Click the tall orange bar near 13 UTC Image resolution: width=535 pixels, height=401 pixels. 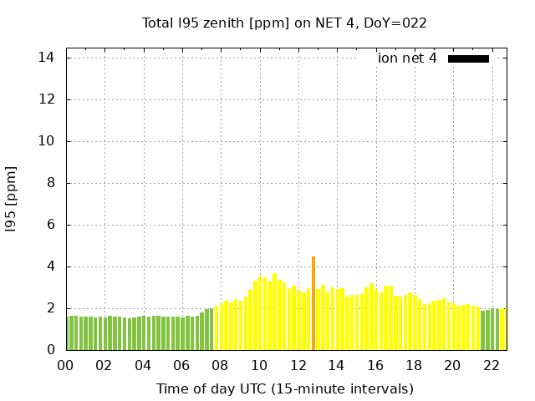pyautogui.click(x=313, y=303)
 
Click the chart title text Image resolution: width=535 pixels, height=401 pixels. pyautogui.click(x=284, y=23)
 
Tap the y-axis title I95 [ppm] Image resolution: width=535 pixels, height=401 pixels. pyautogui.click(x=12, y=199)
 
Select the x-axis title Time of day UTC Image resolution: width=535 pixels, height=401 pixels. pyautogui.click(x=284, y=388)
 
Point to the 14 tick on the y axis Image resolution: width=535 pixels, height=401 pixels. pyautogui.click(x=46, y=58)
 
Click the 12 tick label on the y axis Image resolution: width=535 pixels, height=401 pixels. pyautogui.click(x=46, y=99)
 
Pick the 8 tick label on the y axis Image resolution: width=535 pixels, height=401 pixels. pyautogui.click(x=50, y=183)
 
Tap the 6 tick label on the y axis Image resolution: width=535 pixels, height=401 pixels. pyautogui.click(x=50, y=225)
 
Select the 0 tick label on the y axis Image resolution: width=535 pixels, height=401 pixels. pyautogui.click(x=50, y=350)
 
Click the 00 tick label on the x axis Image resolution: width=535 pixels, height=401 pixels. pyautogui.click(x=66, y=366)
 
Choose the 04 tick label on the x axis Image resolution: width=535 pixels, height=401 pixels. pyautogui.click(x=143, y=366)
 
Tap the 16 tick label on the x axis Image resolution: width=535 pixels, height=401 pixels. pyautogui.click(x=375, y=366)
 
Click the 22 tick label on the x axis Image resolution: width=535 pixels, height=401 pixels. pyautogui.click(x=492, y=366)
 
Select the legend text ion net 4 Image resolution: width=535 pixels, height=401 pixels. pyautogui.click(x=407, y=58)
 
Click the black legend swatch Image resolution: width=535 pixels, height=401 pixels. pyautogui.click(x=468, y=58)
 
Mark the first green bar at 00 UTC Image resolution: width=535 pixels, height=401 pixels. pyautogui.click(x=69, y=333)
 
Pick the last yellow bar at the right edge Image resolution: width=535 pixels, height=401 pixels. pyautogui.click(x=503, y=329)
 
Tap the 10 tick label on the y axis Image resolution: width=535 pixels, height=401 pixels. pyautogui.click(x=46, y=141)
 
